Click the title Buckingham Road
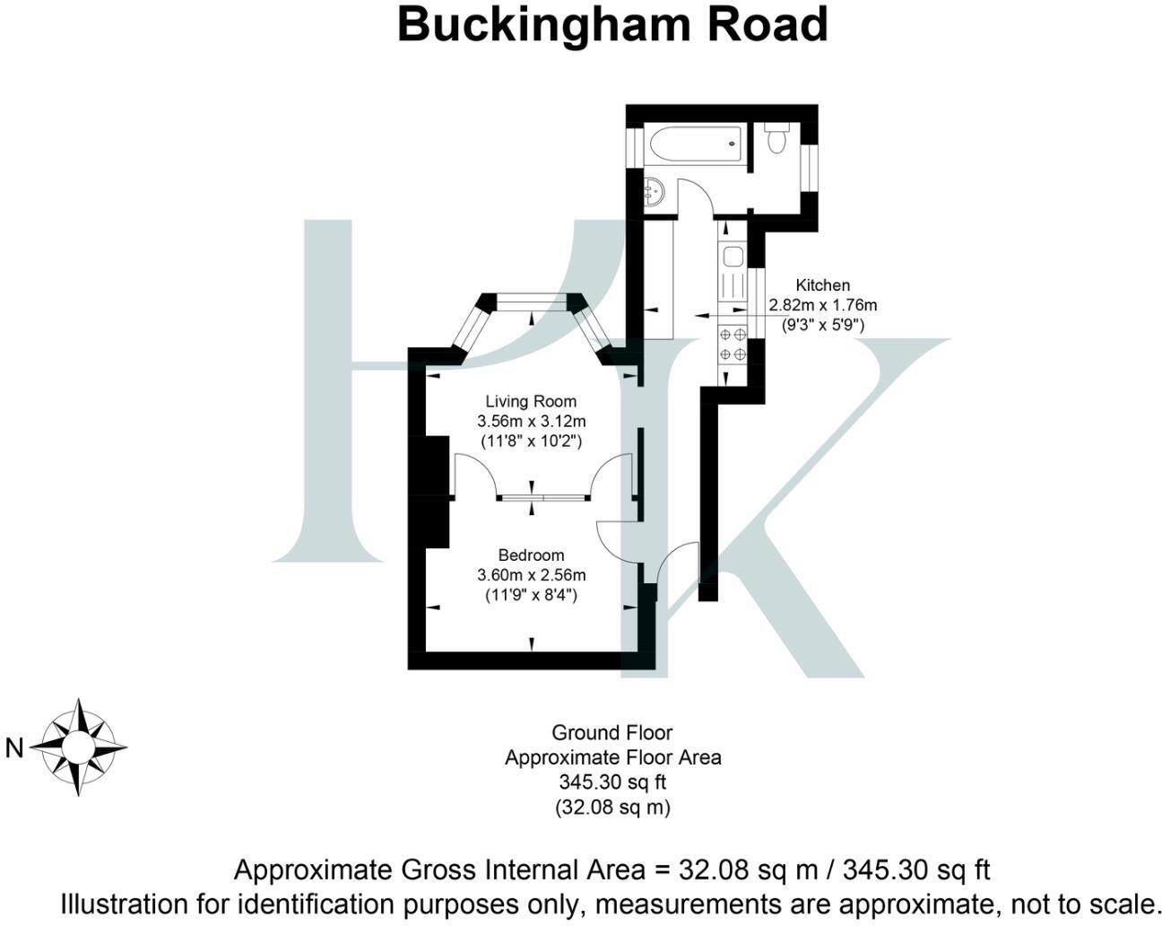click(611, 25)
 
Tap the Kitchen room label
click(822, 285)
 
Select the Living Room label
click(531, 401)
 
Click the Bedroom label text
click(532, 555)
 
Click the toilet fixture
click(776, 139)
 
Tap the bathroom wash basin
click(654, 191)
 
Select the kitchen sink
click(732, 258)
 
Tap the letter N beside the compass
click(14, 747)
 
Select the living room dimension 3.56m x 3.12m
click(532, 421)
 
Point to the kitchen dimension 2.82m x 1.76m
click(822, 305)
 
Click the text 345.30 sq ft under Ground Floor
click(612, 782)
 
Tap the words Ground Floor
click(612, 732)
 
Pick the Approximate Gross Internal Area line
click(611, 869)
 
